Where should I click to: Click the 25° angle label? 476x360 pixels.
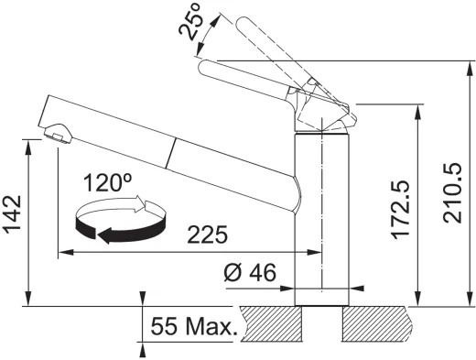pyautogui.click(x=191, y=22)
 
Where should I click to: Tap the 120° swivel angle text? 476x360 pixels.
pyautogui.click(x=107, y=182)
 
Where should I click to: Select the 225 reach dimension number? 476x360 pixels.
pyautogui.click(x=208, y=235)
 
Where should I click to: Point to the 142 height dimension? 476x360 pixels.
pyautogui.click(x=12, y=214)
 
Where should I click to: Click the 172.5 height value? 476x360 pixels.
pyautogui.click(x=400, y=210)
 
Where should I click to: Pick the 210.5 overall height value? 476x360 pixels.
pyautogui.click(x=453, y=193)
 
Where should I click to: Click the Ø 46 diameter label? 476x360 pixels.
pyautogui.click(x=250, y=272)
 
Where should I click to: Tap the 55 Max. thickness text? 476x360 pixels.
pyautogui.click(x=194, y=326)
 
